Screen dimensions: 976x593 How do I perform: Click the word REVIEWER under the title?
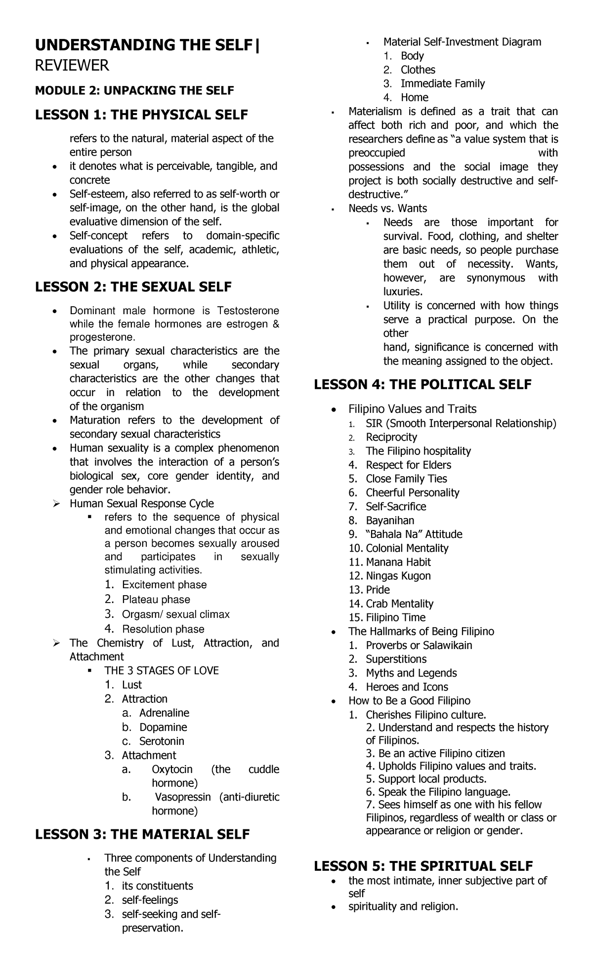72,65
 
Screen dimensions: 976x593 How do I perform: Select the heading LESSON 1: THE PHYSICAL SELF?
141,115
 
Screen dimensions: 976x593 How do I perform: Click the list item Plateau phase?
156,600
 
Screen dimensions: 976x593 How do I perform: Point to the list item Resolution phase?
163,629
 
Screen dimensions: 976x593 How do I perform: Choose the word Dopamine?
163,727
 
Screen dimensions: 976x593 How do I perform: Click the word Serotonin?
162,741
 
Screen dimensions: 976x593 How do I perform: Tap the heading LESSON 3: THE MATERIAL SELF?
142,834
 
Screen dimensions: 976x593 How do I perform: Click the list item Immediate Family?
442,83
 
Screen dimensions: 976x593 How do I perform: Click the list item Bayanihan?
390,520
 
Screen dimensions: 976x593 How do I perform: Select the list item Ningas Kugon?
398,576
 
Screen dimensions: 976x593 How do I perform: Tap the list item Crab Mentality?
399,604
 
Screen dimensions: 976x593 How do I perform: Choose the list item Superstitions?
396,659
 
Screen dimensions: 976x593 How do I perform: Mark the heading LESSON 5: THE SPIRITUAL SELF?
423,866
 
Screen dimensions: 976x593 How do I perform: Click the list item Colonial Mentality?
407,548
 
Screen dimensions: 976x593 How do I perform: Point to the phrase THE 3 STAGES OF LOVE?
161,670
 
